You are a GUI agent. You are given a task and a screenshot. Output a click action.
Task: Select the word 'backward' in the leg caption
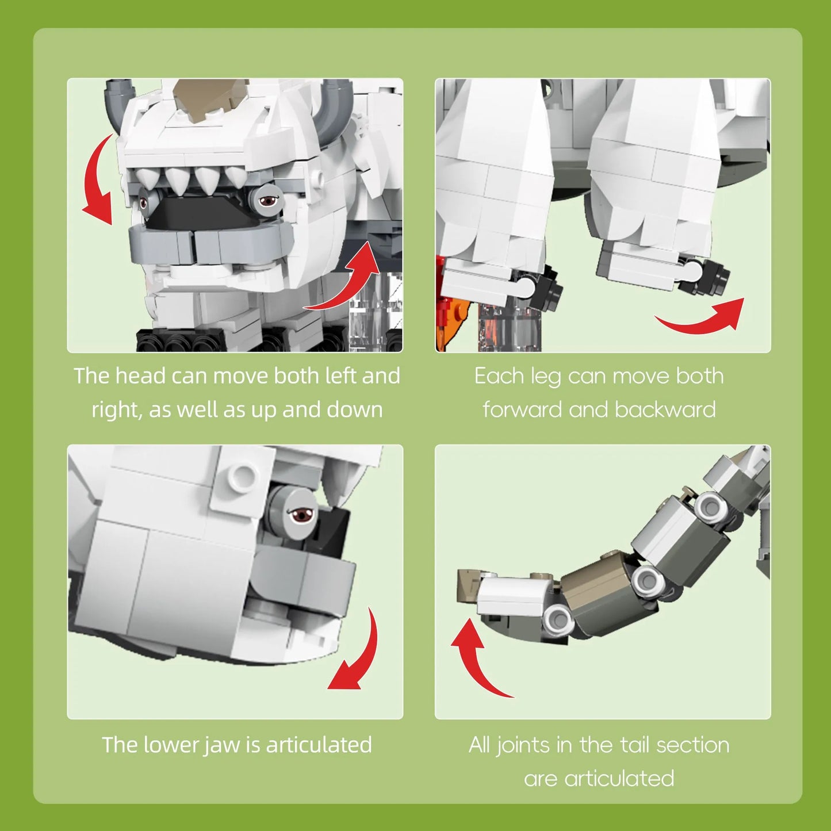point(665,409)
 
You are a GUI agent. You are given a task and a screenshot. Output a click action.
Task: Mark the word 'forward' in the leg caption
point(522,409)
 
